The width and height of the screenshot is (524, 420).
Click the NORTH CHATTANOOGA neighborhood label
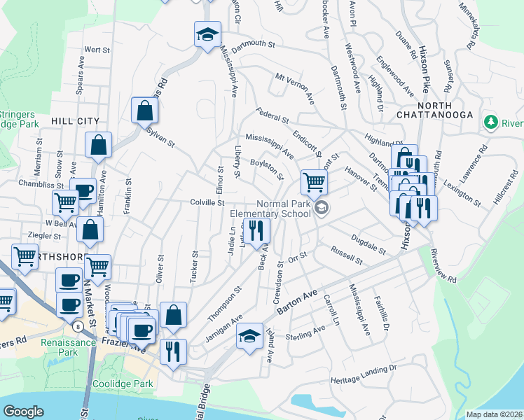pos(434,108)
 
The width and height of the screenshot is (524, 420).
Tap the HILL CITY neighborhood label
pos(76,121)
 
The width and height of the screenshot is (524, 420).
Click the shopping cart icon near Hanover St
pos(315,183)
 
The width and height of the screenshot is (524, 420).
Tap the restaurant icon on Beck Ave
pos(256,230)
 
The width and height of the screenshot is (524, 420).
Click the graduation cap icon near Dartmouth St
pos(207,35)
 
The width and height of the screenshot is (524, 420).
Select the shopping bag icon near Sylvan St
pos(144,111)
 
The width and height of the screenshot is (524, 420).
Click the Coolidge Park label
pos(120,384)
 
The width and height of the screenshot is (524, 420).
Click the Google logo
pos(23,412)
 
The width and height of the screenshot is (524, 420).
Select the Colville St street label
pos(207,202)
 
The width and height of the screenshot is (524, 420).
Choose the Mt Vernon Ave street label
pos(294,88)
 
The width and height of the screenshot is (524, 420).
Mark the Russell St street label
pos(347,255)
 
